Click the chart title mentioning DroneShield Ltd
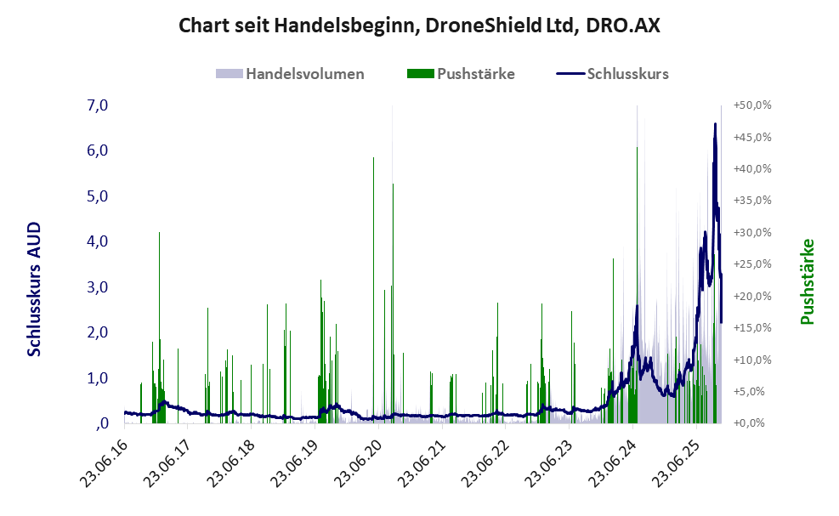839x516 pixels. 419,26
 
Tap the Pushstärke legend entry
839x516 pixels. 475,74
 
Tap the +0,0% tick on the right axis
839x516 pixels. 752,423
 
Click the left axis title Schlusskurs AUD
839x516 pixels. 34,289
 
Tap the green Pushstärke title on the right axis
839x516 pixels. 808,281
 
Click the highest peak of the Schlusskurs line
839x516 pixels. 715,124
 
